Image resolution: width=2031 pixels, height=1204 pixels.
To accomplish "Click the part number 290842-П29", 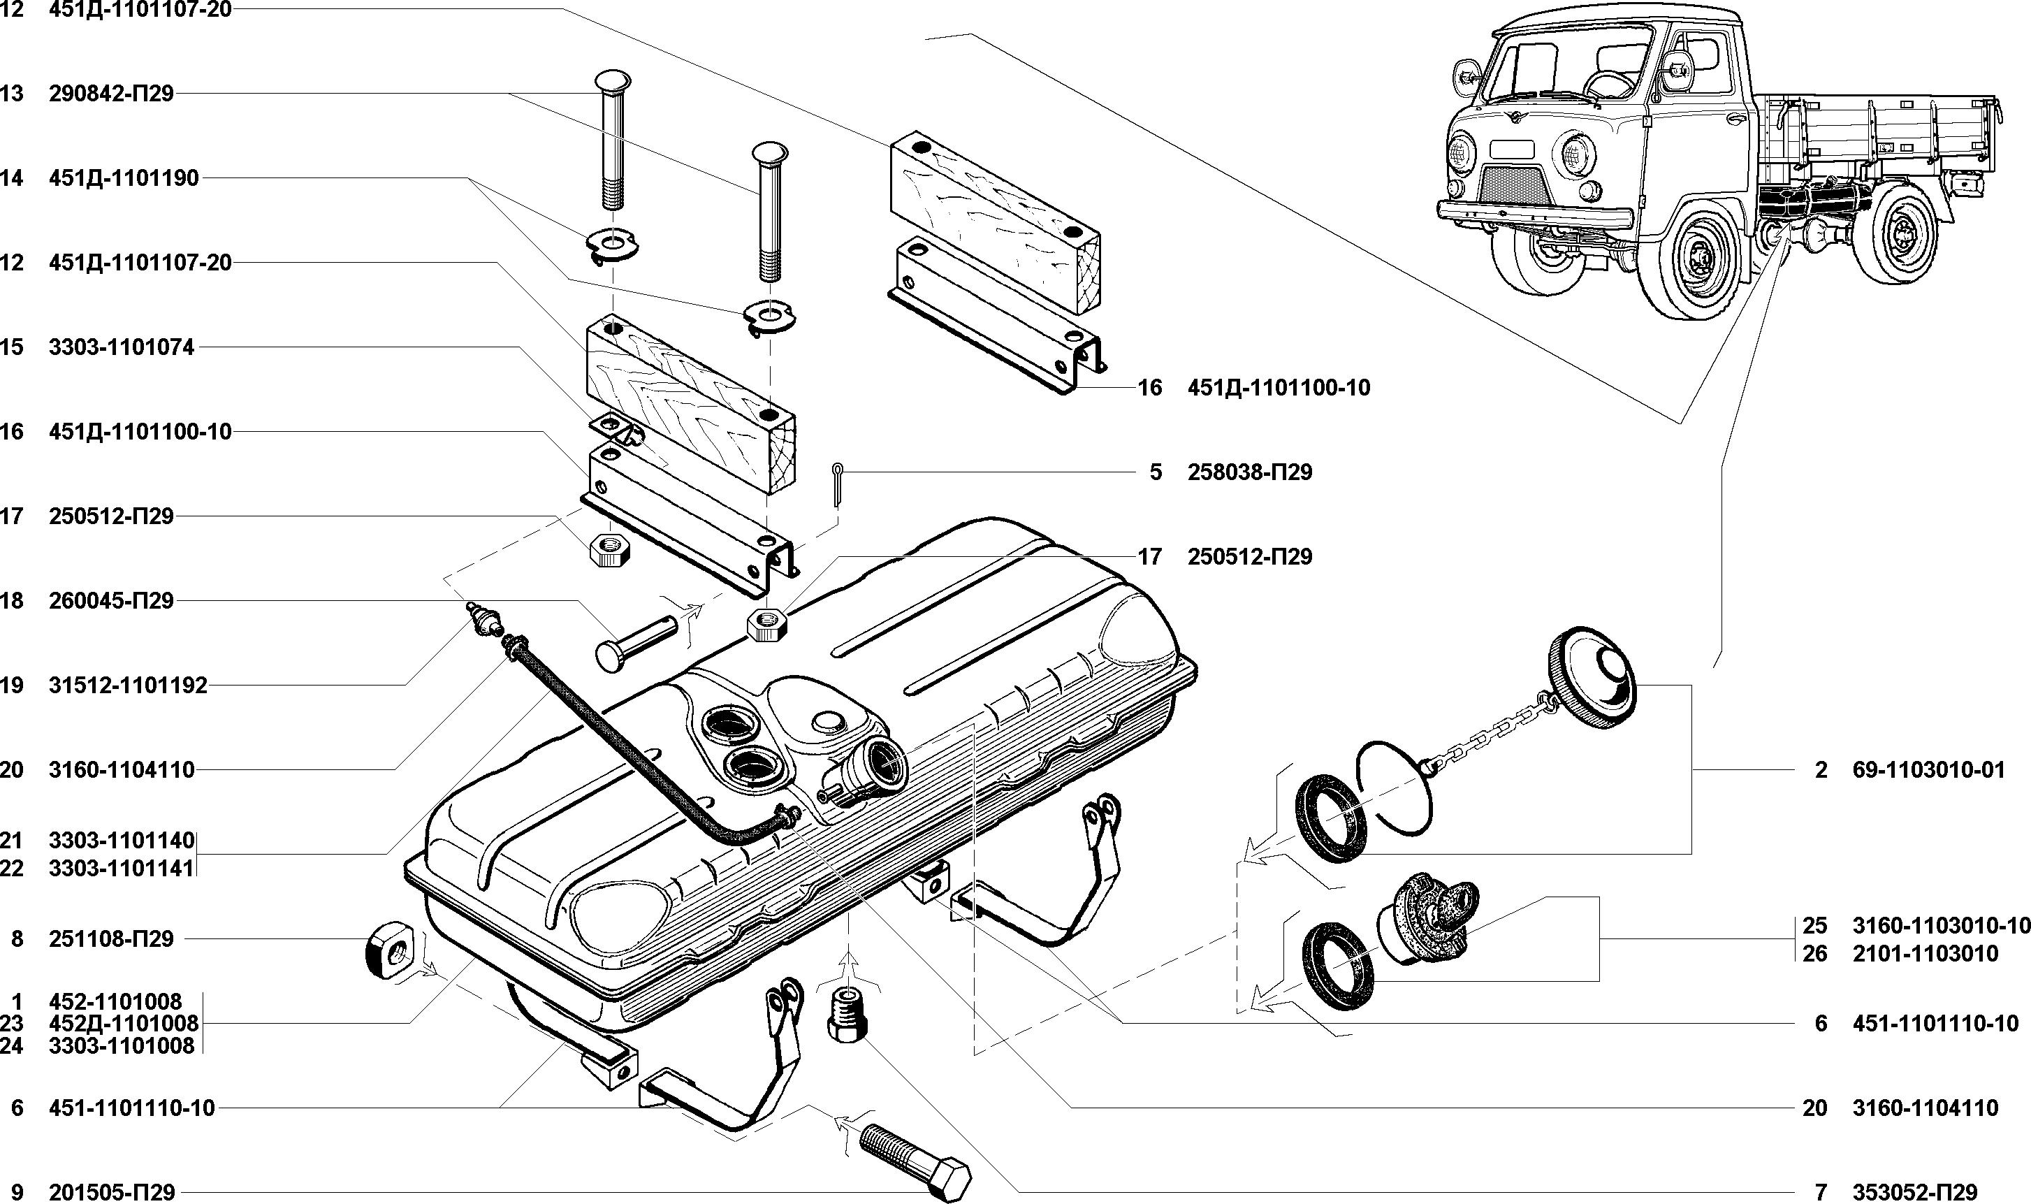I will (x=111, y=94).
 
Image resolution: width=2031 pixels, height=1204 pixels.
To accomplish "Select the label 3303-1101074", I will (x=122, y=347).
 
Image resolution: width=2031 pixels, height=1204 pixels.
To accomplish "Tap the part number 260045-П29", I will (x=111, y=600).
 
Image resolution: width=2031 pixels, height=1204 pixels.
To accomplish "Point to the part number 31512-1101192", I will (x=127, y=686).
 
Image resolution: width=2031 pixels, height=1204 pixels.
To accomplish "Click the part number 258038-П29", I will (x=1250, y=472).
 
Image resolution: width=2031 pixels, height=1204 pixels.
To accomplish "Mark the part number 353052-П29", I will (x=1914, y=1192).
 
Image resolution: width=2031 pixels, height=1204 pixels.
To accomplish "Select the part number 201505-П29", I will (x=111, y=1192).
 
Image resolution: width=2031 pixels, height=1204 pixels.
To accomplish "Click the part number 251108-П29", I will (x=111, y=938).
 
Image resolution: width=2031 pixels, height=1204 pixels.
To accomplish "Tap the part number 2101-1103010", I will (x=1925, y=953).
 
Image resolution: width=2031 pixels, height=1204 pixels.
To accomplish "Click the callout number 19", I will (x=11, y=686).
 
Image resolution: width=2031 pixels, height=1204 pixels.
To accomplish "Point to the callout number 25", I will (x=1814, y=926).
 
